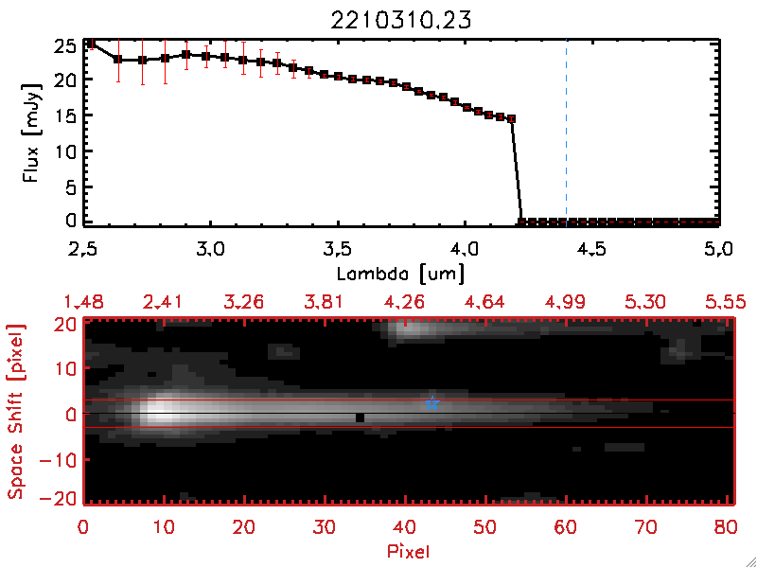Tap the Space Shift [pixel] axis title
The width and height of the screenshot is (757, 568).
(x=16, y=411)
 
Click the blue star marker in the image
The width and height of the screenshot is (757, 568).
(x=431, y=402)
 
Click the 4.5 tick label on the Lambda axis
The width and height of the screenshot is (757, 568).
(x=591, y=250)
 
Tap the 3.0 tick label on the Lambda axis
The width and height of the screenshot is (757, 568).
(x=210, y=250)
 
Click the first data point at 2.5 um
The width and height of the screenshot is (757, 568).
(x=91, y=44)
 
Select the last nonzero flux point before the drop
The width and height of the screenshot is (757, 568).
(x=512, y=119)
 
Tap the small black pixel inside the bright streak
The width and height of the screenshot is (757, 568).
(x=360, y=417)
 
